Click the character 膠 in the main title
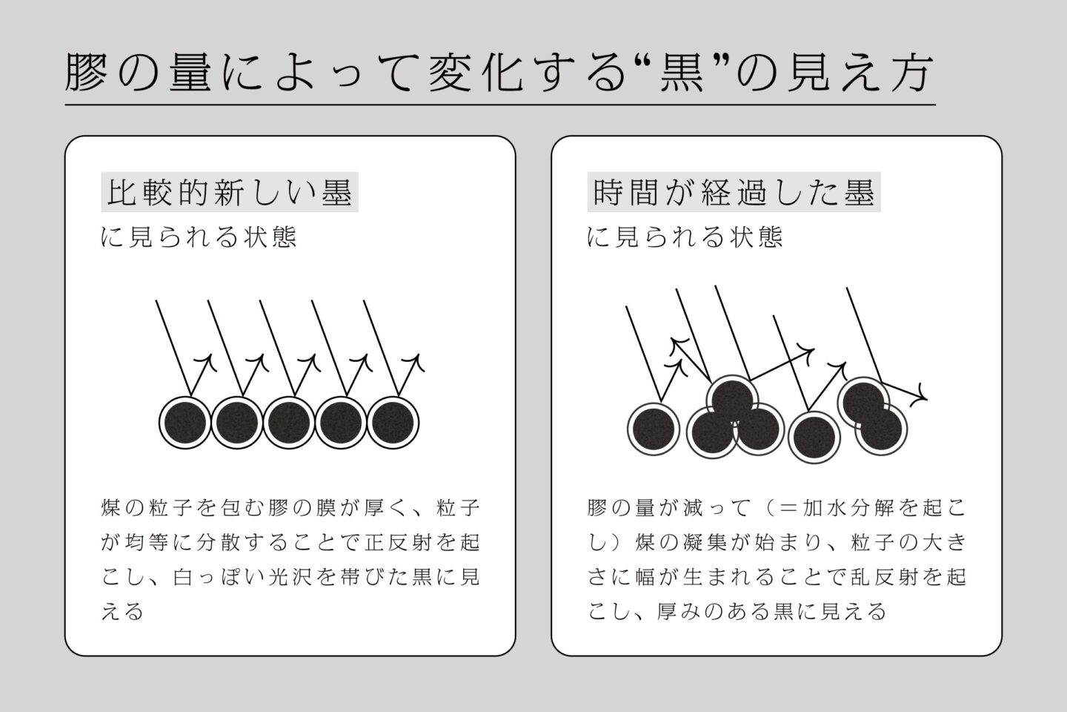pyautogui.click(x=86, y=72)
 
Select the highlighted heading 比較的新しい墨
pyautogui.click(x=230, y=192)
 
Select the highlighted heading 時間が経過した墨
pyautogui.click(x=734, y=192)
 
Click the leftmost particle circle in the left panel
pyautogui.click(x=185, y=423)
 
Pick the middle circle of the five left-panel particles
pyautogui.click(x=289, y=423)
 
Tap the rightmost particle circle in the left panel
pyautogui.click(x=393, y=423)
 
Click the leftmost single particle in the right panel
pyautogui.click(x=654, y=429)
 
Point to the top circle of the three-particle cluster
pyautogui.click(x=731, y=400)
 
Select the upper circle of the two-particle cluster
pyautogui.click(x=864, y=402)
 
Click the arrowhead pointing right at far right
pyautogui.click(x=920, y=395)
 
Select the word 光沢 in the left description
pyautogui.click(x=290, y=577)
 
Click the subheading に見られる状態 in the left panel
pyautogui.click(x=199, y=237)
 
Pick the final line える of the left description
pyautogui.click(x=122, y=612)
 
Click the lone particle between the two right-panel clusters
pyautogui.click(x=814, y=438)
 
